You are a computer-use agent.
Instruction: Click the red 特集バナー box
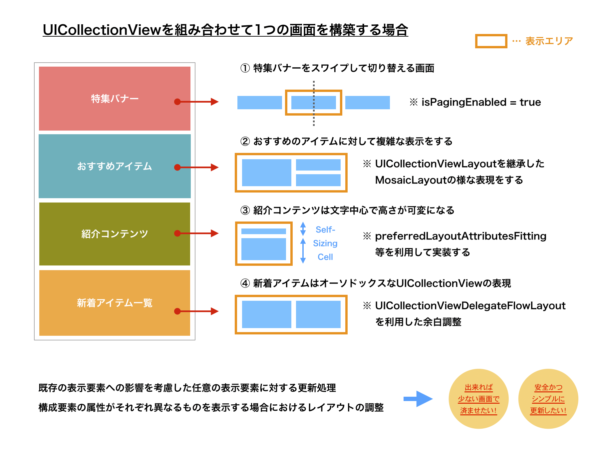(115, 99)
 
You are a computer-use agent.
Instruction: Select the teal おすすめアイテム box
(115, 166)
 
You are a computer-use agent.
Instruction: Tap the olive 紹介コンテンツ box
(115, 234)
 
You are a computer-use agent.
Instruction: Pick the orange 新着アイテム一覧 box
(115, 303)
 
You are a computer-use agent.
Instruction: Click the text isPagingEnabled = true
(481, 102)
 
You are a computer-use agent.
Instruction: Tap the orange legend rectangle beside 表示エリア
(491, 41)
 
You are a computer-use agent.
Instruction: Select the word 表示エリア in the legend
(549, 41)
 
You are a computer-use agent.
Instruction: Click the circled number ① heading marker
(245, 68)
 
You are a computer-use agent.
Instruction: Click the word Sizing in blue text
(325, 243)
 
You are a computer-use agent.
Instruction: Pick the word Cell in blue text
(325, 257)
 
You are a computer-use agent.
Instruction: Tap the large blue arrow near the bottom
(418, 399)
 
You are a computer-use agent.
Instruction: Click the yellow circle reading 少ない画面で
(478, 399)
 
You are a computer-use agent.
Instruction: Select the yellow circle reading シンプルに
(548, 399)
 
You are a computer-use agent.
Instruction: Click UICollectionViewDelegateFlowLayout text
(470, 306)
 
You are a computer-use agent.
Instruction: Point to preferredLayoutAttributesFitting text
(461, 236)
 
